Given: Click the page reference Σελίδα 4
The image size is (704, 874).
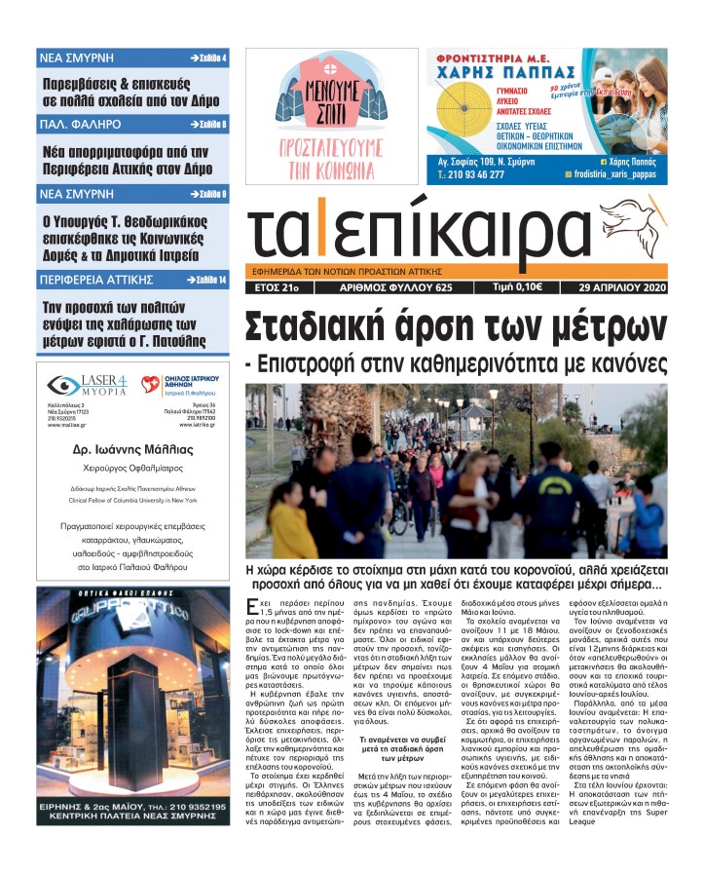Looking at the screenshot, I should click(x=206, y=58).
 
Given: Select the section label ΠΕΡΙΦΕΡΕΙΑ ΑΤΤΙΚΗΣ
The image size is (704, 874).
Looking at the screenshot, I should click(x=96, y=280).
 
